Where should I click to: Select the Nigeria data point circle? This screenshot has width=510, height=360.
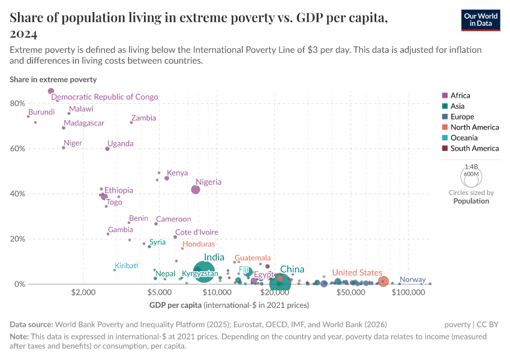pyautogui.click(x=196, y=190)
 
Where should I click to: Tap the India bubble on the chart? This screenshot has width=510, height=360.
pyautogui.click(x=204, y=271)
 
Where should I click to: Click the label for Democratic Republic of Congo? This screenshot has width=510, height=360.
pyautogui.click(x=104, y=97)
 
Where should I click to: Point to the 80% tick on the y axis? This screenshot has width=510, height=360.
pyautogui.click(x=17, y=104)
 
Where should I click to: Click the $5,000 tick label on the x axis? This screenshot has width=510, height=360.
pyautogui.click(x=159, y=293)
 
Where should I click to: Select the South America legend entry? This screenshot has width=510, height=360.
pyautogui.click(x=474, y=148)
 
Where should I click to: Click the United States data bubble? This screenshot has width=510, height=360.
pyautogui.click(x=383, y=281)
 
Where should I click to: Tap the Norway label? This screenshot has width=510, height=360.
pyautogui.click(x=412, y=280)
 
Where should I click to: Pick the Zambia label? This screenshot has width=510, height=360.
pyautogui.click(x=143, y=118)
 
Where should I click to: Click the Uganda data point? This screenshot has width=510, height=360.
pyautogui.click(x=107, y=149)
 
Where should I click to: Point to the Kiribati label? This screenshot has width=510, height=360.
pyautogui.click(x=126, y=266)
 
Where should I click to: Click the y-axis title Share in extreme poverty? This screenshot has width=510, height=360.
pyautogui.click(x=53, y=79)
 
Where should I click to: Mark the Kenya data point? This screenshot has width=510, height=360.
pyautogui.click(x=167, y=178)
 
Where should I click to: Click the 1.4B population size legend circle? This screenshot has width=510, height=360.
pyautogui.click(x=471, y=177)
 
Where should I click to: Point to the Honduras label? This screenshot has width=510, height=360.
pyautogui.click(x=199, y=244)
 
